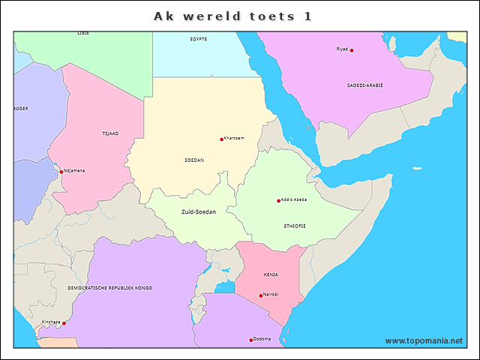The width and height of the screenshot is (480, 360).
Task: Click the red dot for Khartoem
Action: [222, 139]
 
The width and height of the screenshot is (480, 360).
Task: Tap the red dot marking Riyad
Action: [352, 50]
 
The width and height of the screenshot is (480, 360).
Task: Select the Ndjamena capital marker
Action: [61, 171]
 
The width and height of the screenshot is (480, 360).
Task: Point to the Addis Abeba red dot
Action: [278, 200]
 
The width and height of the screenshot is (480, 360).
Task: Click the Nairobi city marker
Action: [261, 295]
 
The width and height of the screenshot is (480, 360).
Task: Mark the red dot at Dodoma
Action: [251, 340]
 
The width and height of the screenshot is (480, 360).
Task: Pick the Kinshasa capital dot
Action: [64, 323]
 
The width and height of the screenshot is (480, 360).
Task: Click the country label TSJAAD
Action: [110, 133]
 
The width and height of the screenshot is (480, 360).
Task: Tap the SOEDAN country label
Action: [193, 160]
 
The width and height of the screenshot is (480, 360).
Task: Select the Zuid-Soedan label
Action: [199, 212]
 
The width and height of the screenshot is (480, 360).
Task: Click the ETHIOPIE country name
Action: [295, 226]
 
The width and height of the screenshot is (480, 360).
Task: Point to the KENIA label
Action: [271, 274]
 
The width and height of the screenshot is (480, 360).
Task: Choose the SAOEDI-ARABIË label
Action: [364, 85]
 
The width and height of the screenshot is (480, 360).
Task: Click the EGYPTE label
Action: [199, 38]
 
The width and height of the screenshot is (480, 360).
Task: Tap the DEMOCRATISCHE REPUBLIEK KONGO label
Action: [109, 288]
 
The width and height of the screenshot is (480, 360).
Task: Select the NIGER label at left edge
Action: [21, 108]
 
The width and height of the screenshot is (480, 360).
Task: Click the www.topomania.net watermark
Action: [424, 340]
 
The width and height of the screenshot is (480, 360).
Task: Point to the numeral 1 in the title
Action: [308, 16]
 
